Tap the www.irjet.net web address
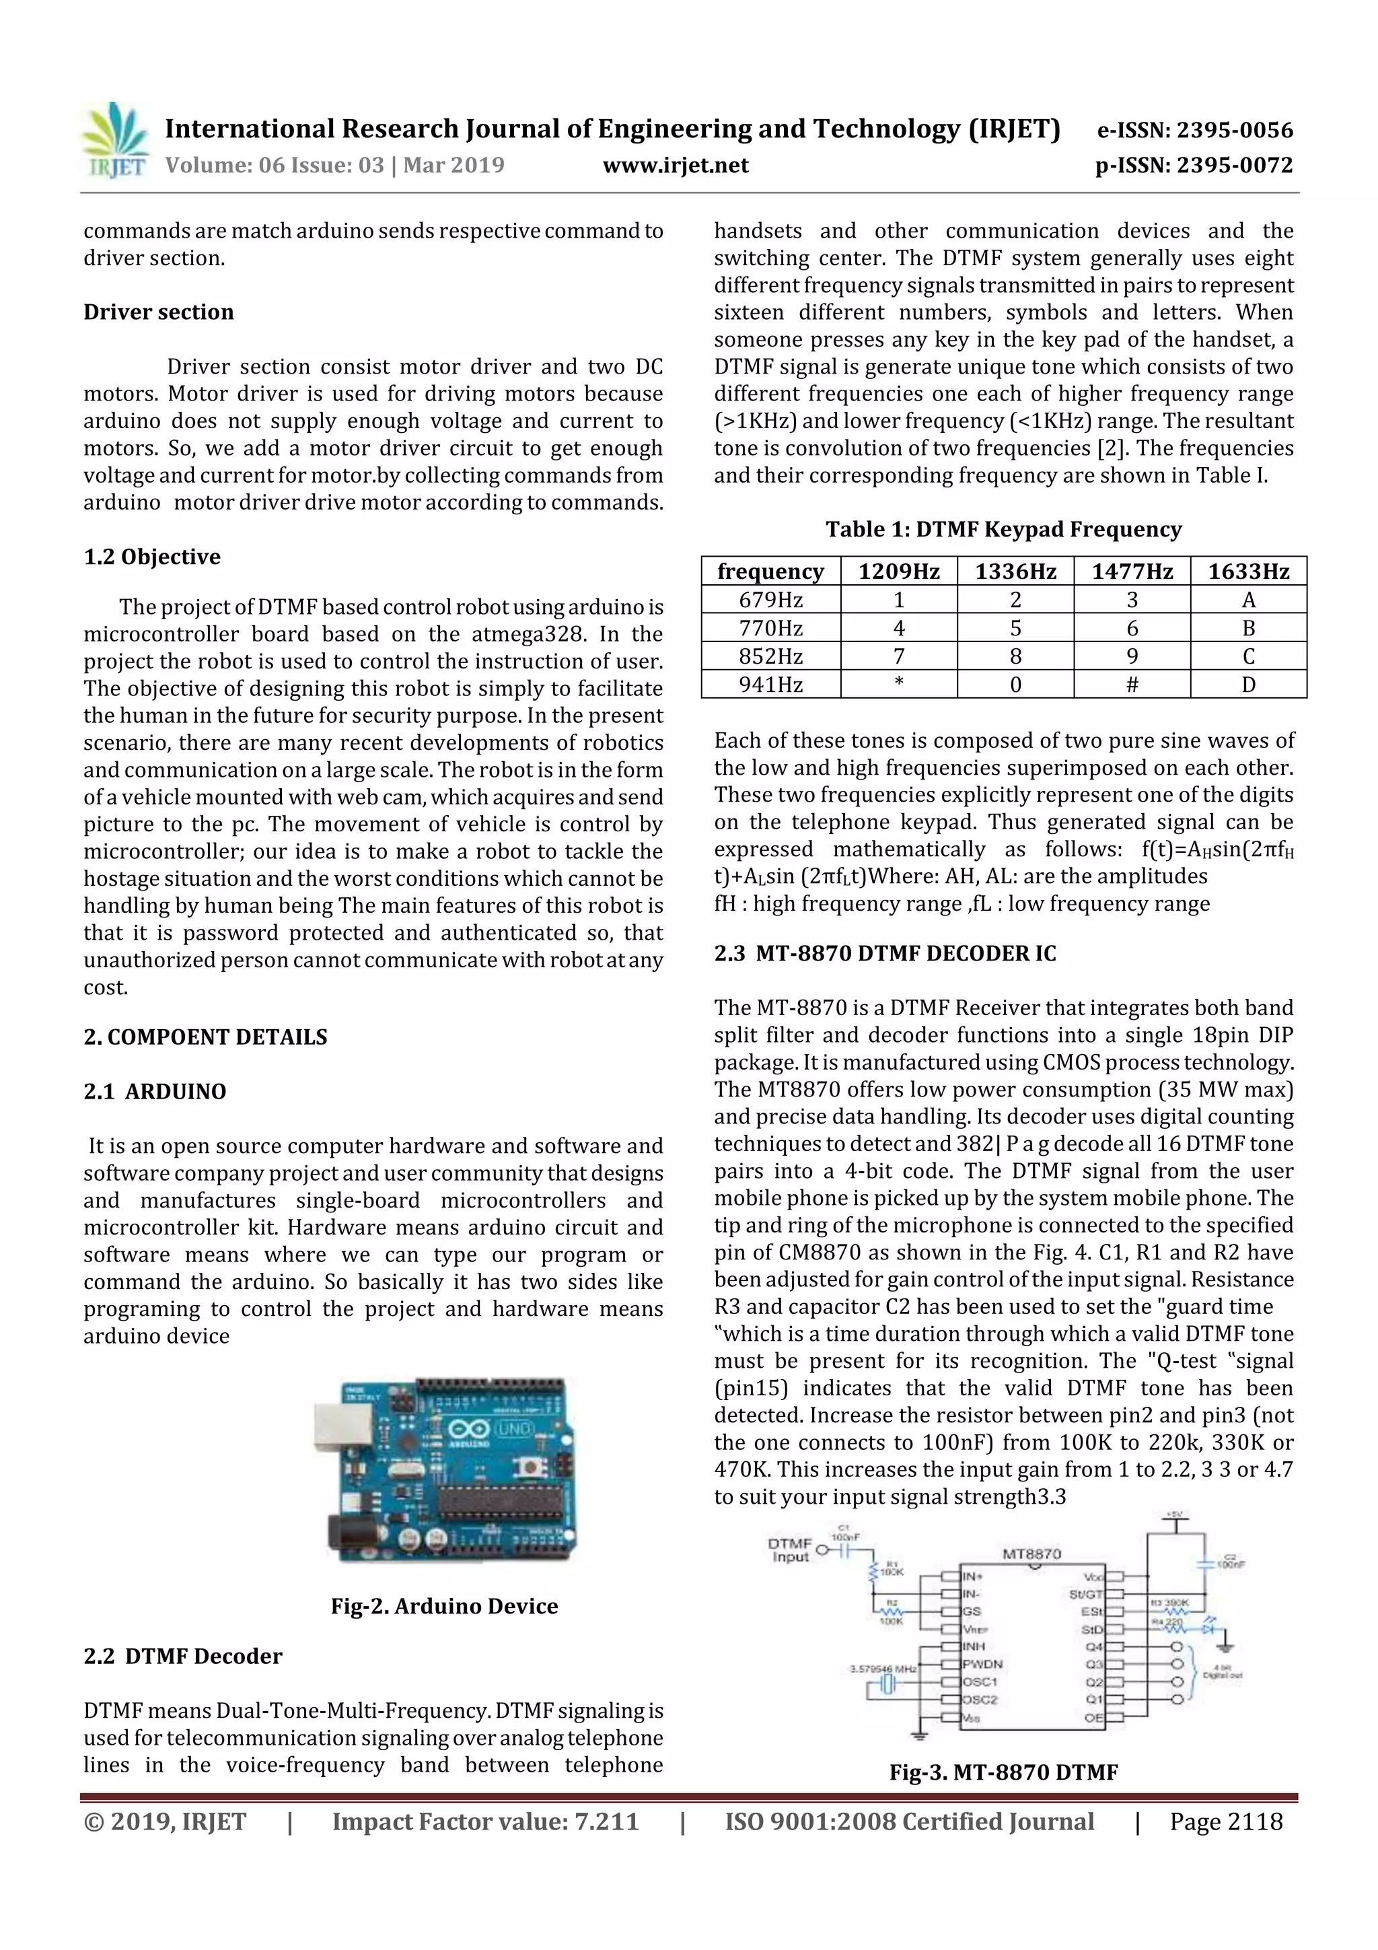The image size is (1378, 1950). [676, 165]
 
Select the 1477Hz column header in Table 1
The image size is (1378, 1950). [1132, 571]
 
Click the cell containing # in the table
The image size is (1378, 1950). [1132, 685]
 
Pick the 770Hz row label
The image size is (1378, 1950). [770, 629]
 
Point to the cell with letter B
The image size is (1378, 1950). [1248, 629]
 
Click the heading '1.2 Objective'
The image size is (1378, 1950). [152, 557]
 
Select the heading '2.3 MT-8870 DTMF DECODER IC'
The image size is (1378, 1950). [885, 954]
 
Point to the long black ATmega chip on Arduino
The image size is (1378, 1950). [501, 1500]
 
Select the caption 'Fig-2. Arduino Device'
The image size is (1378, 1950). [444, 1606]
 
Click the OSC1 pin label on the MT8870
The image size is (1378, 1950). [980, 1681]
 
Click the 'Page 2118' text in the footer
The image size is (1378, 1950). [1225, 1821]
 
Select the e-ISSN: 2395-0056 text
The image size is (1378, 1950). [1194, 130]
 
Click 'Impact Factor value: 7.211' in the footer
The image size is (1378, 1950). [485, 1821]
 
